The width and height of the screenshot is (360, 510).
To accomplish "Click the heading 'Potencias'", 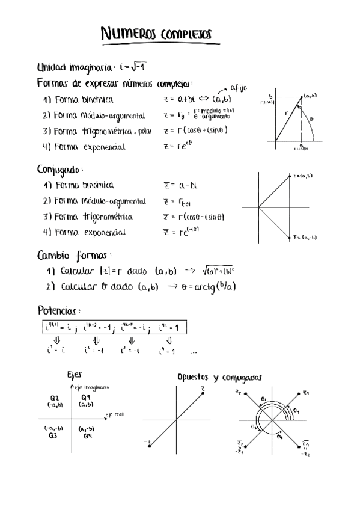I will [58, 311].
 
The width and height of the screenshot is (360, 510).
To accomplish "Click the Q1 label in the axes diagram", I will [85, 398].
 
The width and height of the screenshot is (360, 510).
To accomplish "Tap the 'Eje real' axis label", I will [114, 414].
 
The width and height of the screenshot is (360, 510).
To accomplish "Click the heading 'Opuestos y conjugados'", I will [220, 377].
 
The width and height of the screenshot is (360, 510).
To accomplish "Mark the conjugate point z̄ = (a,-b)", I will [291, 237].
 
